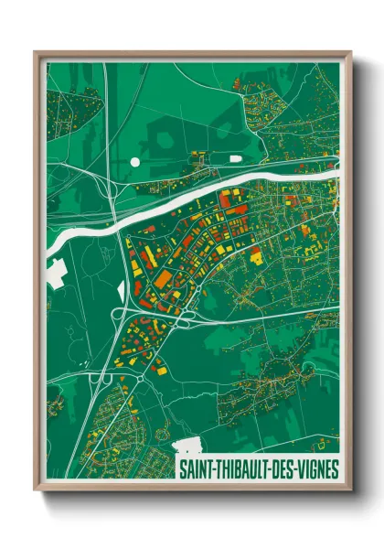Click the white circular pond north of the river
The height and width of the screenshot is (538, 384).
pos(135,161)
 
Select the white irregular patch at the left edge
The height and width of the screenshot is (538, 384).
pos(54,270)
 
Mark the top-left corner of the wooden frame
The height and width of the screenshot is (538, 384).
pos(36,53)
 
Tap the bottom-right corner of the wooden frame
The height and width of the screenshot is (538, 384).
pos(350,490)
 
